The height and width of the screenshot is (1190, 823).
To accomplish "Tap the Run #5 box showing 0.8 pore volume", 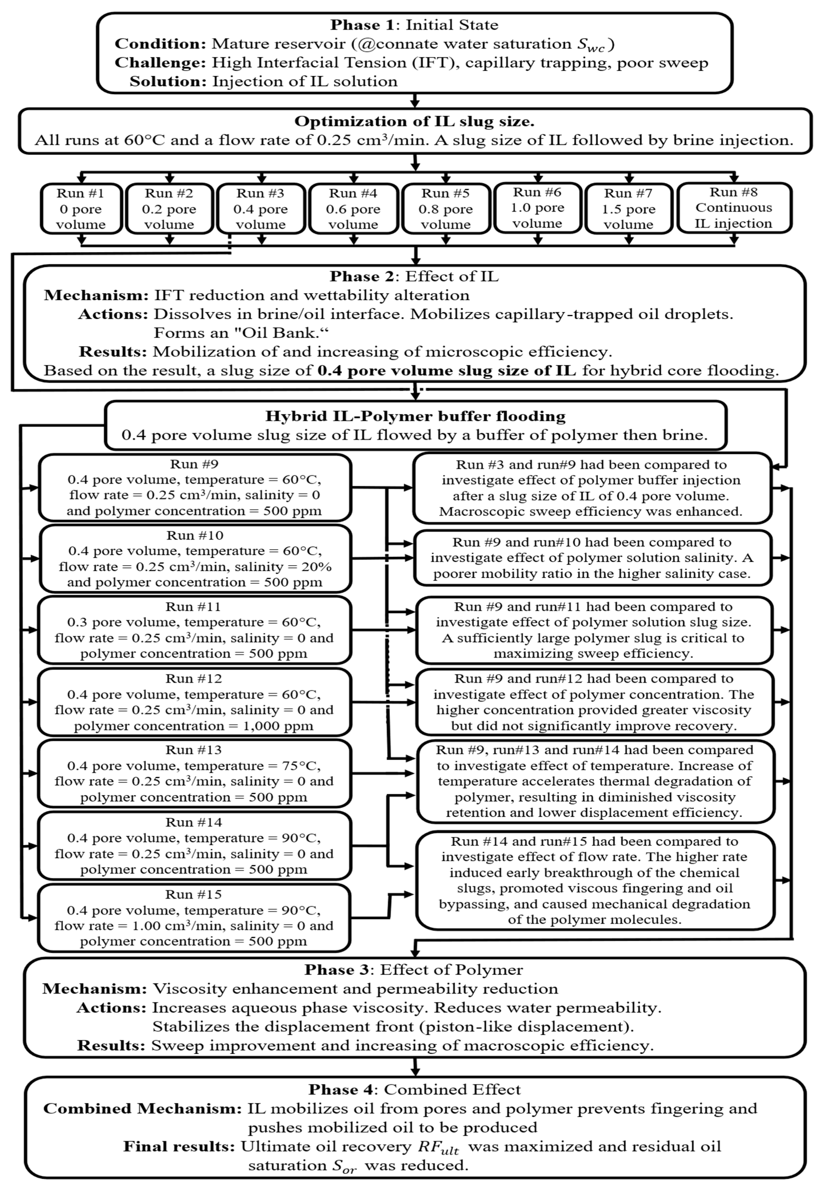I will pos(446,209).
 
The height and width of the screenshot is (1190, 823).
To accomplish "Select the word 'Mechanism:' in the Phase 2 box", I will pos(97,295).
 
